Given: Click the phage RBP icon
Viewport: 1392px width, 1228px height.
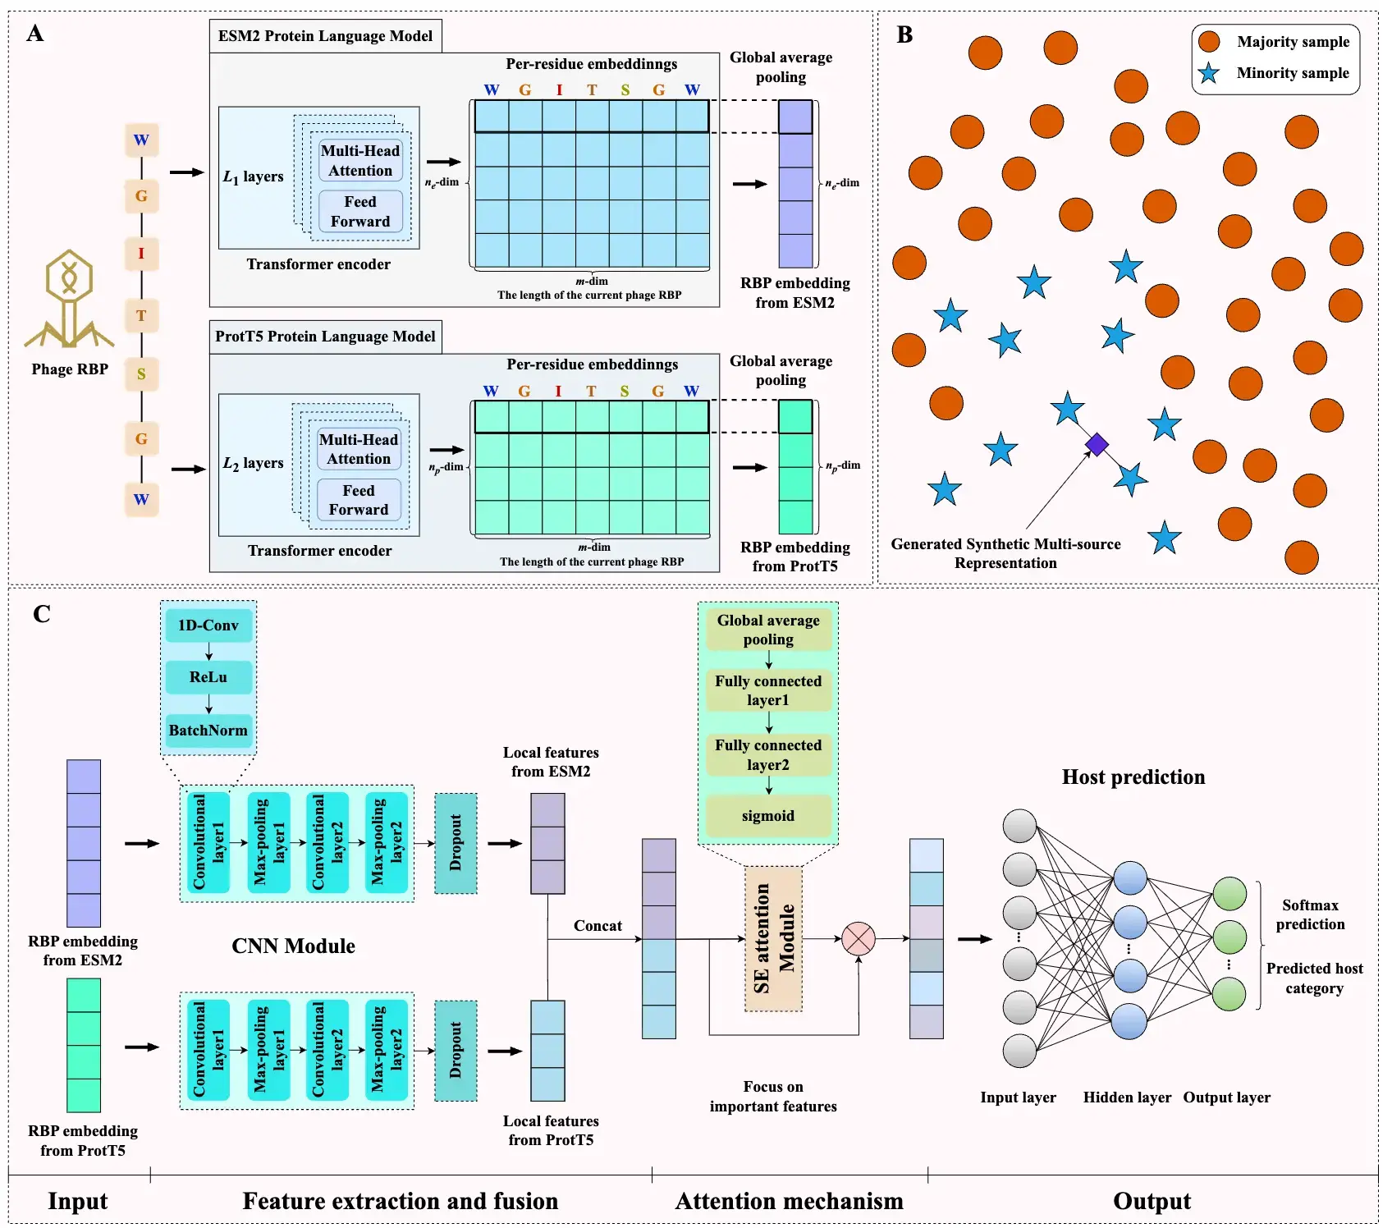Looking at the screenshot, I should click(x=69, y=299).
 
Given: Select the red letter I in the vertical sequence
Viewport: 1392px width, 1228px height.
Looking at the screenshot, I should click(x=141, y=254).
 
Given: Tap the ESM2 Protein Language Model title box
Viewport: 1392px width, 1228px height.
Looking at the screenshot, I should click(x=325, y=36).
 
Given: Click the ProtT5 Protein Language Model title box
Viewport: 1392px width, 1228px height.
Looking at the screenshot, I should click(x=325, y=337).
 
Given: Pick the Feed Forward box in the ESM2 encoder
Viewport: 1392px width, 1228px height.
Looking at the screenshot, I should click(x=360, y=212).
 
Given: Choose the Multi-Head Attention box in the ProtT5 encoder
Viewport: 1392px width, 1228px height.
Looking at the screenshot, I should click(x=359, y=449).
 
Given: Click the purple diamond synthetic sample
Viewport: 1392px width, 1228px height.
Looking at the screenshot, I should click(x=1097, y=445).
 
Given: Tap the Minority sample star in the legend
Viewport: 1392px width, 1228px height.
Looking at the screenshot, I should click(x=1208, y=73).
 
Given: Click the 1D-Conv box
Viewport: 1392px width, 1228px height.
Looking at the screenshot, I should click(x=208, y=625).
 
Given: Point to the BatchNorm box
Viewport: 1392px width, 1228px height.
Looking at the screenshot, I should click(x=208, y=730).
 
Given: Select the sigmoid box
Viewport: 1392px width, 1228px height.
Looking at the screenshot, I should click(x=768, y=815).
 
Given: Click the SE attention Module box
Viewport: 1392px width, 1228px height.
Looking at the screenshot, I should click(x=773, y=938).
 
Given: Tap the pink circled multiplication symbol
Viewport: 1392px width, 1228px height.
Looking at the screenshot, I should click(x=859, y=938).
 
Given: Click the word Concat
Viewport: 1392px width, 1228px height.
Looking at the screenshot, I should click(x=598, y=926).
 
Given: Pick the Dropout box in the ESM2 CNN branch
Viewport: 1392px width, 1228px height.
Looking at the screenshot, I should click(x=456, y=843).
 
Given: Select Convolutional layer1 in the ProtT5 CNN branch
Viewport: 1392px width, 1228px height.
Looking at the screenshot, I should click(x=208, y=1050).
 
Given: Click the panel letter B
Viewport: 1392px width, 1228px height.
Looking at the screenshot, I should click(x=904, y=35).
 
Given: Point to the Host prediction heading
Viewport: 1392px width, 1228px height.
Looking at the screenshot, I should click(x=1133, y=777).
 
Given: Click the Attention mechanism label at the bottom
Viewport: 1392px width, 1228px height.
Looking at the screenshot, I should click(x=789, y=1202).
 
